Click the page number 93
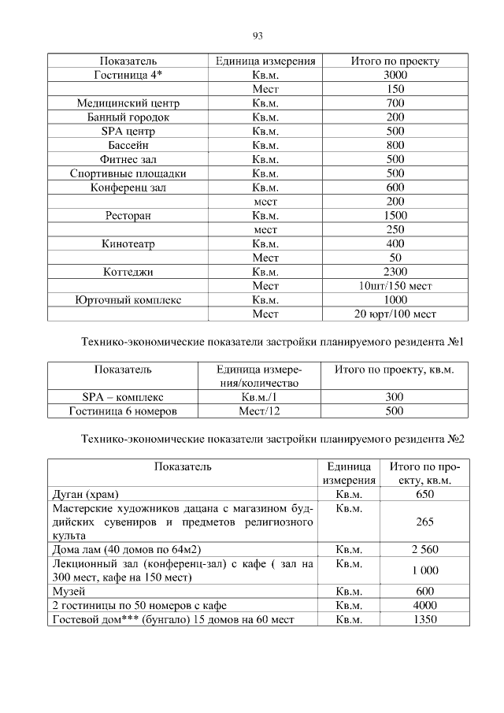tap(258, 35)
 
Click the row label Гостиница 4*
tap(128, 75)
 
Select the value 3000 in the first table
tap(395, 75)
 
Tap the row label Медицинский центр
tap(128, 103)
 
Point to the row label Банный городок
tap(128, 117)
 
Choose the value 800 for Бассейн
tap(395, 146)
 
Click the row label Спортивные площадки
tap(128, 174)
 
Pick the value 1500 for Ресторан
tap(395, 216)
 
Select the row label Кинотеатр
tap(128, 244)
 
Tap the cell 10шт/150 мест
tap(395, 286)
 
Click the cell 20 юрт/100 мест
tap(395, 314)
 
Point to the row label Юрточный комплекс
tap(128, 300)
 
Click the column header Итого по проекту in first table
tap(395, 61)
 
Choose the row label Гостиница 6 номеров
tap(123, 411)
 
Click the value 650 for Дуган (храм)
tap(424, 495)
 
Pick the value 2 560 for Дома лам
tap(424, 549)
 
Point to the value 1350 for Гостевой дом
tap(424, 619)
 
